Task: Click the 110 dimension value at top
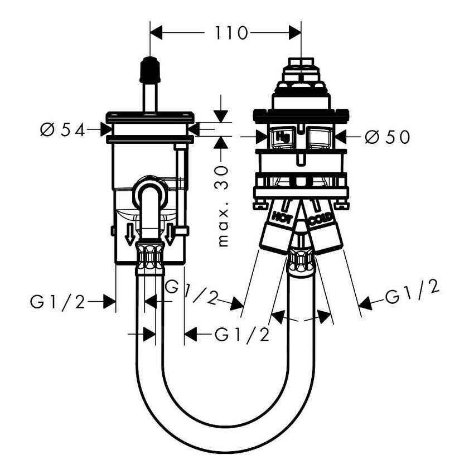pos(230,33)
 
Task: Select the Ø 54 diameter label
pos(62,130)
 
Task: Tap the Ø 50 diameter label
pos(387,137)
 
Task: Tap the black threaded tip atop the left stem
pos(149,69)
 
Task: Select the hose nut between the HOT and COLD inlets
pos(301,260)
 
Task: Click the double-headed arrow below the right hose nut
pos(301,318)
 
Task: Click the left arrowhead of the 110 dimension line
pos(157,33)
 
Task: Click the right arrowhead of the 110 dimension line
pos(294,33)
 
